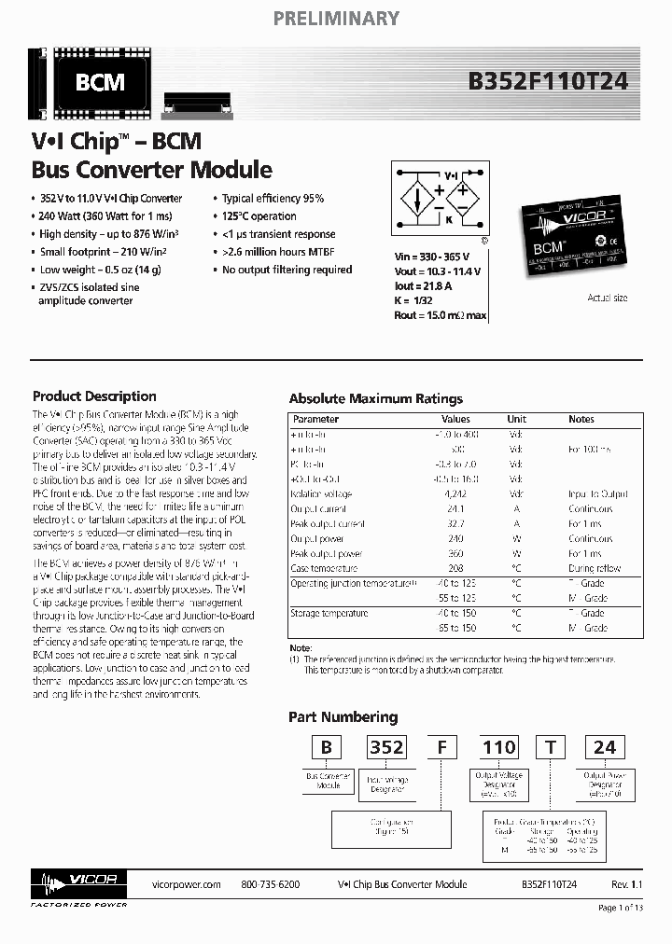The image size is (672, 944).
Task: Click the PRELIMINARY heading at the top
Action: point(336,18)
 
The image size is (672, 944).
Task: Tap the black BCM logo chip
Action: point(100,83)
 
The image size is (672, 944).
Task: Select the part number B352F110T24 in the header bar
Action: point(549,82)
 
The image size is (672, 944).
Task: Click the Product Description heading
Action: point(94,396)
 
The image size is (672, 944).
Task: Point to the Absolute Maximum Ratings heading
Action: point(375,398)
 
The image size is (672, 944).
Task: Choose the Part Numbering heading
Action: point(343,717)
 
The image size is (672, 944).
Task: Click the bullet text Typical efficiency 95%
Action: point(273,199)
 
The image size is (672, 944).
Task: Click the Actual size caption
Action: point(607,298)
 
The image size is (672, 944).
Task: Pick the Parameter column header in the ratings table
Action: point(315,420)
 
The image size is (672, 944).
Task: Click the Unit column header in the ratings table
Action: point(516,420)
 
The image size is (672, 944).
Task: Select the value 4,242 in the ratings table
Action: point(456,493)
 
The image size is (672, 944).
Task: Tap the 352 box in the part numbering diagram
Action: point(385,747)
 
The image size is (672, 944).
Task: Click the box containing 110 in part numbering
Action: point(498,747)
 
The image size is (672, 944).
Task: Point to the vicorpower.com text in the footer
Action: point(186,884)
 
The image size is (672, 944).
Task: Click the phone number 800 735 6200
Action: point(270,884)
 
